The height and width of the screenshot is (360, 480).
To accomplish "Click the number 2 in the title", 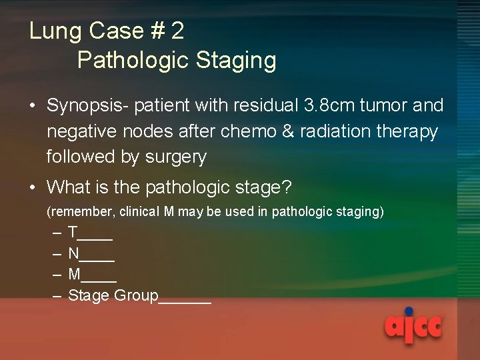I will [x=177, y=31].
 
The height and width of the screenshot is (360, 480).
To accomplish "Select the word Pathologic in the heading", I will [x=133, y=61].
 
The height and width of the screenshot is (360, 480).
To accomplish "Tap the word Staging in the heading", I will [x=235, y=61].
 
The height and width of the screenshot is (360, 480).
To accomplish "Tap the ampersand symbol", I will [x=289, y=132].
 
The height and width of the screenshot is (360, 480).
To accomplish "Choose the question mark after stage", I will [x=287, y=187].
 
